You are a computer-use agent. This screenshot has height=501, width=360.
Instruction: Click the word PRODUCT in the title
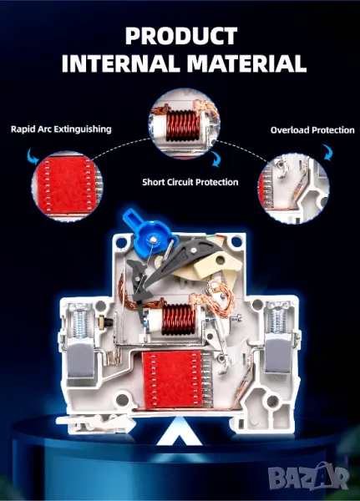181,36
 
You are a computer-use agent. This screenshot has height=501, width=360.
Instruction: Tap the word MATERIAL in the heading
246,63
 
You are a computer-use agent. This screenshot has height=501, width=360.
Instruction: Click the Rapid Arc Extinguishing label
61,129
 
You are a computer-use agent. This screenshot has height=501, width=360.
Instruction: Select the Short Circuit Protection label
190,182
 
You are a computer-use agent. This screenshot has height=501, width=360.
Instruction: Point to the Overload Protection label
312,130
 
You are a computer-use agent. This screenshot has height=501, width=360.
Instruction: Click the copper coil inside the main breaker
178,320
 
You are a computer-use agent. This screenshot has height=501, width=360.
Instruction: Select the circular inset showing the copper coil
185,124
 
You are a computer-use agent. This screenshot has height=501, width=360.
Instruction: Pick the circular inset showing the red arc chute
67,186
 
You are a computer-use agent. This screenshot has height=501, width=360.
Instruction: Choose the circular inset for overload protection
293,189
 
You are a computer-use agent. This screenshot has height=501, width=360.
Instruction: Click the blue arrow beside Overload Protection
327,152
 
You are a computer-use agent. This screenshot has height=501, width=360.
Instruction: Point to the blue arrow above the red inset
33,156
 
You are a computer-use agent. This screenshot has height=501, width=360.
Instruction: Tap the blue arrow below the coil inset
215,159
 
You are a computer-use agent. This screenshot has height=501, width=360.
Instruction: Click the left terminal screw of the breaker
80,322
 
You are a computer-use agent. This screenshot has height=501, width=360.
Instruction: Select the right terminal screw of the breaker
278,321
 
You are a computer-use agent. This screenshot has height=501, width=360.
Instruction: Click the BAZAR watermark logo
308,476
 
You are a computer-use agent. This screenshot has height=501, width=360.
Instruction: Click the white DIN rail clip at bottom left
95,423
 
